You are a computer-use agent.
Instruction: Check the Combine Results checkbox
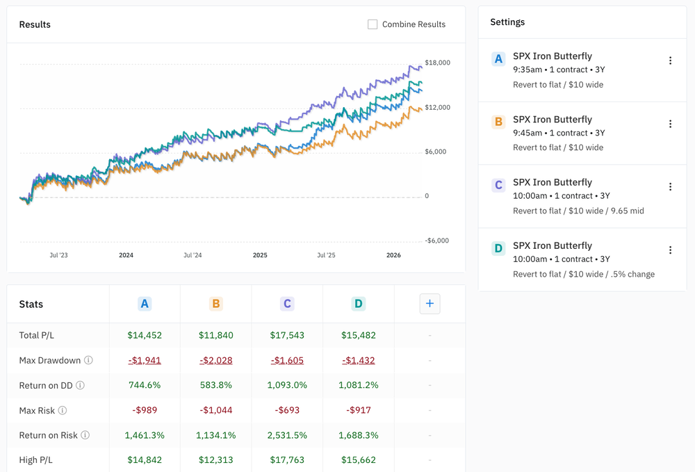pos(373,24)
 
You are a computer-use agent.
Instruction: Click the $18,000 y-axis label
pos(437,63)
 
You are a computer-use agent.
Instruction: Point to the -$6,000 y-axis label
pos(437,241)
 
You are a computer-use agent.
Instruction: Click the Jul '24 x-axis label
pos(193,255)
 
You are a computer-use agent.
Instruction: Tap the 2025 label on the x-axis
pos(260,255)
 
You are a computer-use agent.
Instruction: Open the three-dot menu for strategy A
pos(670,60)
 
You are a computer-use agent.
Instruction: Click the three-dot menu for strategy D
pos(670,250)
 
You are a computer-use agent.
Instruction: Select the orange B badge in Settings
pos(498,122)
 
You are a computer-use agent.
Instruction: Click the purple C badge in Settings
pos(498,186)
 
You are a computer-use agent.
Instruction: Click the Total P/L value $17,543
pos(287,335)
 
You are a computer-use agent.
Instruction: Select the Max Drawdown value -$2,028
pos(215,360)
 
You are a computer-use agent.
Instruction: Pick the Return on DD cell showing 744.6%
pos(145,385)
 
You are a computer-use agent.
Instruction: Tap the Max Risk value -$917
pos(358,410)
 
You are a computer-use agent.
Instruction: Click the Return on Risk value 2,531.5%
pos(287,435)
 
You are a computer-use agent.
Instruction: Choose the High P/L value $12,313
pos(215,459)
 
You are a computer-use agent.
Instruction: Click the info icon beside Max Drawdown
pos(88,360)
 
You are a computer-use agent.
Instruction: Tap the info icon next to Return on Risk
pos(85,435)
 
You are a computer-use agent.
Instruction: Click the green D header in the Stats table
pos(358,304)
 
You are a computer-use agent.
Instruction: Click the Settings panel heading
pos(507,22)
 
